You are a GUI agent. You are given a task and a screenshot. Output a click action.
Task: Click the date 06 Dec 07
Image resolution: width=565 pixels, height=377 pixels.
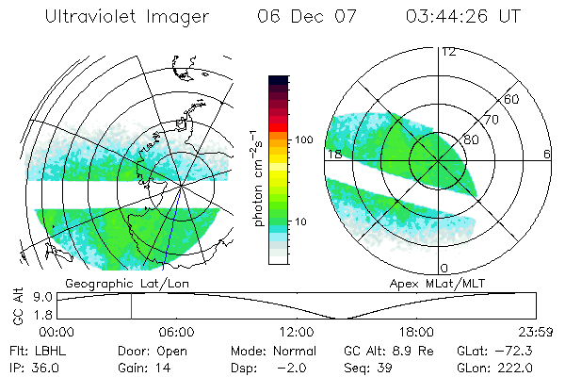(302, 18)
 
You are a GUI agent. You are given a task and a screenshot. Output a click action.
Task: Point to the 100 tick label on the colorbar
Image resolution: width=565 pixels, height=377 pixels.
(304, 139)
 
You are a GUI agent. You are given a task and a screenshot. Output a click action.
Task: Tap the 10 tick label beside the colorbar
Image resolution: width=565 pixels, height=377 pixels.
(301, 222)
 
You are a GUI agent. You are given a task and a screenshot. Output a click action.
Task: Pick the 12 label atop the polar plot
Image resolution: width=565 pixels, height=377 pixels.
(448, 52)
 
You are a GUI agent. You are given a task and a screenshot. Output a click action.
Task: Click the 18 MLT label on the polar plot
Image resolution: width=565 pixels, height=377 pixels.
(332, 154)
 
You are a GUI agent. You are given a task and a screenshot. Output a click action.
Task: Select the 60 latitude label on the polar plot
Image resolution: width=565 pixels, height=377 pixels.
(512, 99)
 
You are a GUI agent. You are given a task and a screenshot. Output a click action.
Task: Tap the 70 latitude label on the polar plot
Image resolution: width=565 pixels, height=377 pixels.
(491, 121)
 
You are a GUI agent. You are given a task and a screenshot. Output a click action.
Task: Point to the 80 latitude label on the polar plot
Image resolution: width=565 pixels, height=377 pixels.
(470, 140)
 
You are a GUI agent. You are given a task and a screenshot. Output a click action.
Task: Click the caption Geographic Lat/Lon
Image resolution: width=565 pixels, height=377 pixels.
(111, 283)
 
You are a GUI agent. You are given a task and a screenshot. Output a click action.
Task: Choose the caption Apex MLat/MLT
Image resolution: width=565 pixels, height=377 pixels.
(428, 283)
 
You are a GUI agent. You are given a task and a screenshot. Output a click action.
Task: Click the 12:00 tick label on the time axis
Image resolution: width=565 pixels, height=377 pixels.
(296, 332)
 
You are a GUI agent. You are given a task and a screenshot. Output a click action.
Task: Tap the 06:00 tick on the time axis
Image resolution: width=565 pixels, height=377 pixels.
(176, 332)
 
